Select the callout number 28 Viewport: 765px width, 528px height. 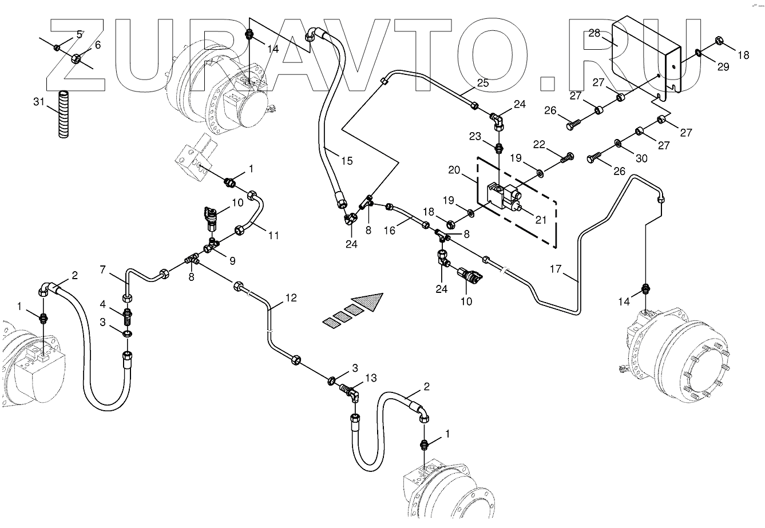[594, 33]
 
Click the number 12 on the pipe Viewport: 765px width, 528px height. [291, 297]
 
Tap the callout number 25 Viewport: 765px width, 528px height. [483, 84]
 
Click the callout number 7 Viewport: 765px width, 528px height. [103, 269]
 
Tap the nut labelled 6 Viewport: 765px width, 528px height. [76, 58]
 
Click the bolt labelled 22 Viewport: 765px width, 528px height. [568, 156]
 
